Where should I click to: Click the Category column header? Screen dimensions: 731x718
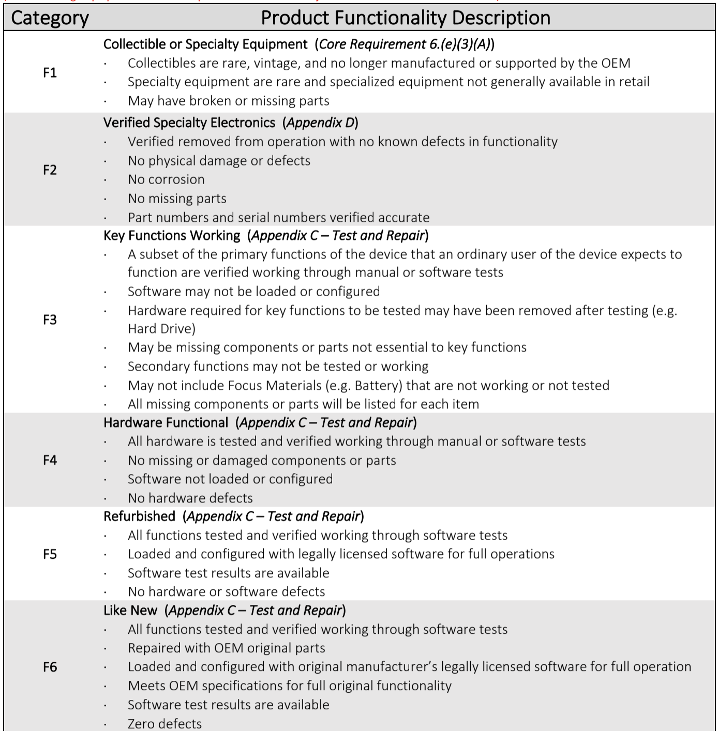(x=50, y=18)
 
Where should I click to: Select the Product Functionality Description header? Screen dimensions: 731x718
(x=405, y=18)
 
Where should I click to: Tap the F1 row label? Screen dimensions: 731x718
(x=50, y=72)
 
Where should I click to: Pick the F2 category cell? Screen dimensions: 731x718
(x=50, y=170)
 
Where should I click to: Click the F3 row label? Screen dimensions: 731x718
(x=50, y=319)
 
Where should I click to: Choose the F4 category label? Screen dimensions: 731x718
(x=50, y=460)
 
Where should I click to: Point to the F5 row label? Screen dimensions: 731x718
(x=50, y=554)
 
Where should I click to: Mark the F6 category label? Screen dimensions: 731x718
(x=50, y=667)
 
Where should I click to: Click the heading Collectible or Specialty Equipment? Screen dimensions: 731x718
(x=205, y=44)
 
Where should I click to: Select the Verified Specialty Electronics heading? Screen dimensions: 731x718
(x=189, y=123)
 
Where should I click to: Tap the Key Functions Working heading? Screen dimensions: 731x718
(x=172, y=236)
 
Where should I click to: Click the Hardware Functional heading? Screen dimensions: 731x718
(x=166, y=423)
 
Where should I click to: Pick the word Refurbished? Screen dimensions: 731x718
(x=139, y=516)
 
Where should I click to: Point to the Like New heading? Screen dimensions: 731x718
(x=130, y=611)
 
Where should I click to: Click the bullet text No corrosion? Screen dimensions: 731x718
(x=166, y=179)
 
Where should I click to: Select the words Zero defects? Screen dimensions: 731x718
(x=164, y=724)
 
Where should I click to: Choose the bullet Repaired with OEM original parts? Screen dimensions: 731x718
(x=227, y=648)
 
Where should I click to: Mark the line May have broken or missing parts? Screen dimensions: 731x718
(x=228, y=101)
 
